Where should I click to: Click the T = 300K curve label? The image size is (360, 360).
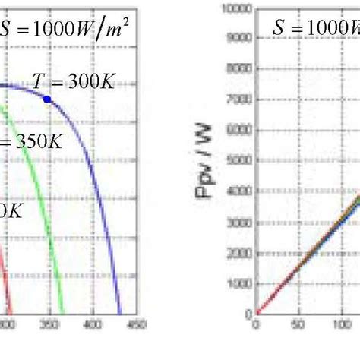point(74,81)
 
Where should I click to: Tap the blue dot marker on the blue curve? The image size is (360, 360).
point(47,99)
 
